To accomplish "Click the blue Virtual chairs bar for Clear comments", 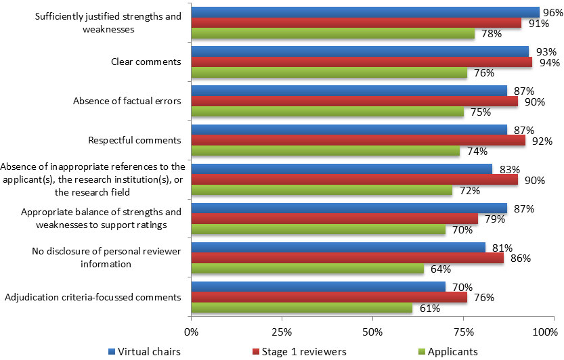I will click(x=359, y=51).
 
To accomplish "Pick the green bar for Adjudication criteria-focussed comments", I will click(x=301, y=309).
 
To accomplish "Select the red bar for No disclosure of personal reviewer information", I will click(x=347, y=258).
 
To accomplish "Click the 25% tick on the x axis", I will click(x=282, y=332).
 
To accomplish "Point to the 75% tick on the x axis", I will click(x=463, y=332).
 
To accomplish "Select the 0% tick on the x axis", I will click(x=192, y=332).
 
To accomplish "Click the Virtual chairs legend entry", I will click(x=144, y=351).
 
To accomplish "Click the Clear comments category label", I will click(x=146, y=62).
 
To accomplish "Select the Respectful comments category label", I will click(x=135, y=141).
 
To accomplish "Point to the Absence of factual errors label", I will click(x=127, y=102).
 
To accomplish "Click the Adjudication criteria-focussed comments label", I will click(x=93, y=297).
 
